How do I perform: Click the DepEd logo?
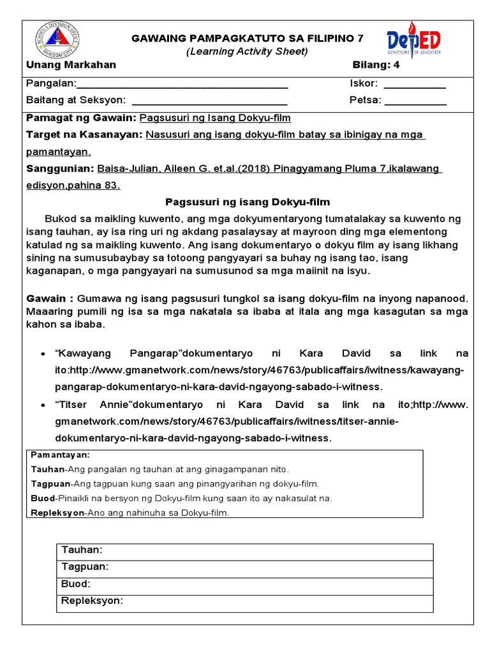(413, 42)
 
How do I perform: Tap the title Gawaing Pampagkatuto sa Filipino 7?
(247, 39)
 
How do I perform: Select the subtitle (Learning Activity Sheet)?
(247, 52)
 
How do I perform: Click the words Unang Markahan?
(71, 65)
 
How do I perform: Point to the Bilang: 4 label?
(380, 65)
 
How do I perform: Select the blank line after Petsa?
(416, 101)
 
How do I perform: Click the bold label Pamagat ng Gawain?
(80, 119)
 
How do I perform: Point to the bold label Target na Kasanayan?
(84, 135)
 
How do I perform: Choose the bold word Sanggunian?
(59, 169)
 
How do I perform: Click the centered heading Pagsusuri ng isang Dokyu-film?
(248, 203)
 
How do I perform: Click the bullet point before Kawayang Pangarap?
(41, 354)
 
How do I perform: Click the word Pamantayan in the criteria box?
(61, 455)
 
